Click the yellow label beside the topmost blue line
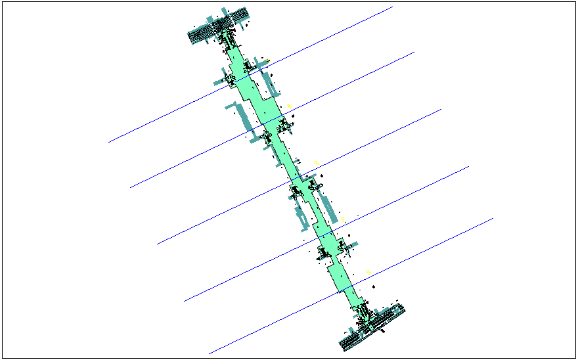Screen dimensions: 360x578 pyautogui.click(x=268, y=61)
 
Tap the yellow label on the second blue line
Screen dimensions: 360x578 pyautogui.click(x=289, y=105)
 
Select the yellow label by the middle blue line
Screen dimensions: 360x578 pyautogui.click(x=317, y=162)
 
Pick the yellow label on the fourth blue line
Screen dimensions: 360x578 pyautogui.click(x=344, y=220)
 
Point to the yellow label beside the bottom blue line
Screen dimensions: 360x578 pyautogui.click(x=368, y=272)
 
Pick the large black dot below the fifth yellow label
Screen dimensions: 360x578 pyautogui.click(x=373, y=287)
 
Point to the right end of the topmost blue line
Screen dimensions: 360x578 pyautogui.click(x=392, y=7)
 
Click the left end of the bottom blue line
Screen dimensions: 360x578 pyautogui.click(x=209, y=353)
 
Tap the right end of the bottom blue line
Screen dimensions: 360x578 pyautogui.click(x=493, y=218)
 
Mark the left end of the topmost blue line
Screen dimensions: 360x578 pyautogui.click(x=109, y=142)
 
